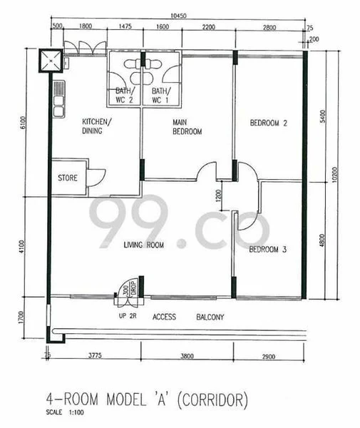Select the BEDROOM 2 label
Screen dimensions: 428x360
[268, 123]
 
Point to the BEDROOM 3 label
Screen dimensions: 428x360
[268, 250]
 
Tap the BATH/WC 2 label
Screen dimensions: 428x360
[124, 96]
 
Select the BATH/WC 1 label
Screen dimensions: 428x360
[160, 96]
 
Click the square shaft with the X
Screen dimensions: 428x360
[52, 60]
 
